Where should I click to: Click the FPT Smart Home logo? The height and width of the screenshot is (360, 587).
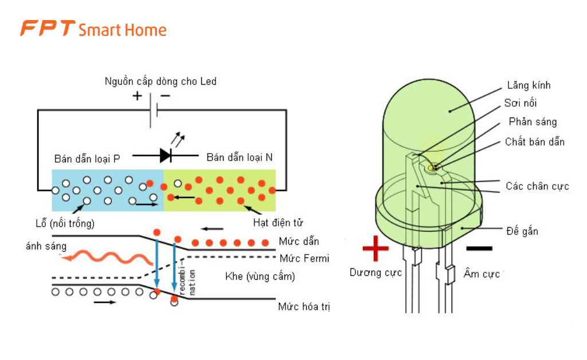(93, 29)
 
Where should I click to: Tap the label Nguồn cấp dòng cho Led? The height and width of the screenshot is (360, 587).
(161, 81)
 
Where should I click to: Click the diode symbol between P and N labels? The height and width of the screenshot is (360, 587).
(166, 155)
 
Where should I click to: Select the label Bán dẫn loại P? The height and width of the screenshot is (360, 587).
(87, 158)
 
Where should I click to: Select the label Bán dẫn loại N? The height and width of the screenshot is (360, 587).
(240, 158)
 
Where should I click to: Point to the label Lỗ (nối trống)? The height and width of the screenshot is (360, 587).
(65, 222)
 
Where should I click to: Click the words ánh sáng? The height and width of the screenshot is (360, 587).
(46, 246)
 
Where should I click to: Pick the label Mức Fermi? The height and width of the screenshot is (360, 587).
(304, 259)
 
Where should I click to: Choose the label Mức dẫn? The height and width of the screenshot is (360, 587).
(299, 241)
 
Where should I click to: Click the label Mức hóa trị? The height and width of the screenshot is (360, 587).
(304, 307)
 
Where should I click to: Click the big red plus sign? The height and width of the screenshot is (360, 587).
(375, 248)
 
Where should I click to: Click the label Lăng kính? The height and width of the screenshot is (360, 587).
(529, 85)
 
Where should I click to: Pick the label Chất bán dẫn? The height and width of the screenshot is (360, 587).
(534, 142)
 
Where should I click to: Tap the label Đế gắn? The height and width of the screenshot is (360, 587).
(522, 232)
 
